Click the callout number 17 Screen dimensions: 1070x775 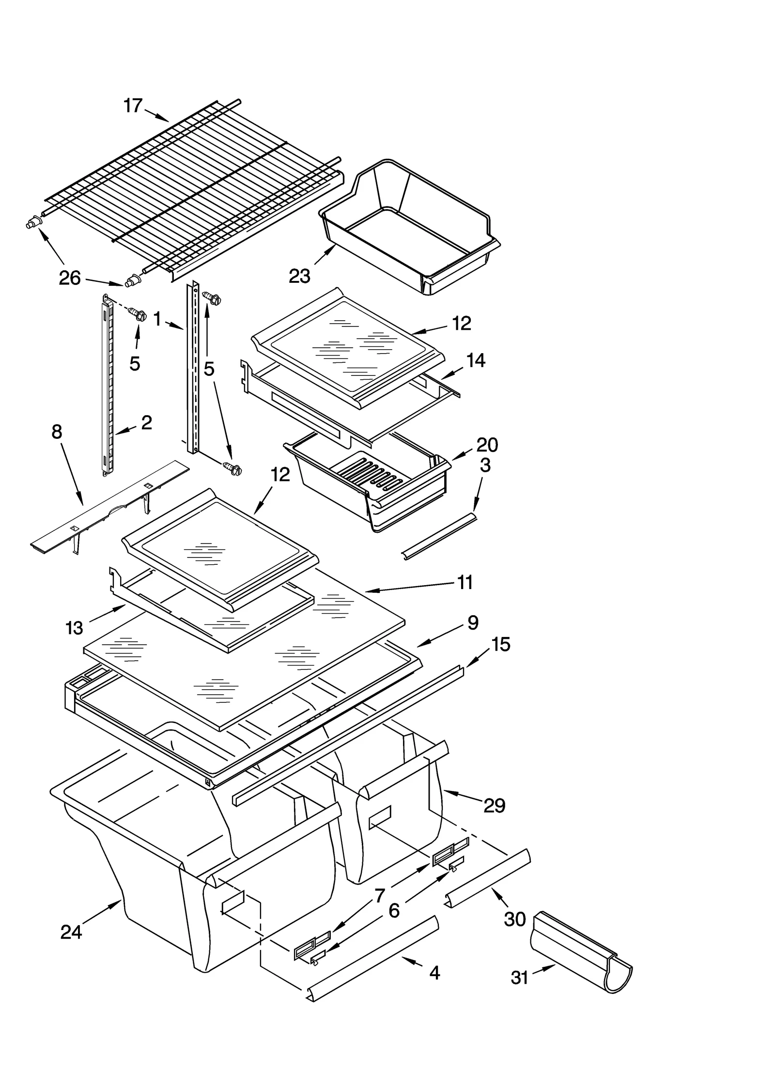pos(133,106)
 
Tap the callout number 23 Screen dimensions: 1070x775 pos(299,276)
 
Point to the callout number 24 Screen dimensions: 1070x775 pos(71,931)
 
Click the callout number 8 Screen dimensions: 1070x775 pos(57,431)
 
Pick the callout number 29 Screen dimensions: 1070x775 pos(494,806)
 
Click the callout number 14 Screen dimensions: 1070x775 pos(476,360)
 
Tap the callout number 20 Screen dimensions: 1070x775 pos(487,444)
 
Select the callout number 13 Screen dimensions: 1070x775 pos(75,628)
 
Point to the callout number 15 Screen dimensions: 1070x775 pos(501,644)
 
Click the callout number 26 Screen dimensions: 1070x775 pos(69,278)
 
